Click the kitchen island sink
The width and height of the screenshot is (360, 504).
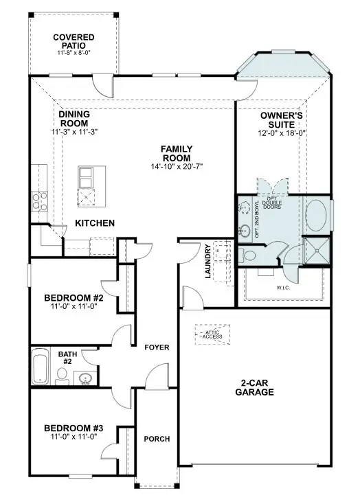pyautogui.click(x=87, y=177)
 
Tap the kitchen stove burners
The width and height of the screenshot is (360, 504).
pyautogui.click(x=38, y=201)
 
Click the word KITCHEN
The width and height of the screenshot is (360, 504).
pyautogui.click(x=94, y=223)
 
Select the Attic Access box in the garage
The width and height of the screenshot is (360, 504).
pyautogui.click(x=212, y=334)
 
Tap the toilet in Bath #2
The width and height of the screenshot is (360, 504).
pyautogui.click(x=62, y=375)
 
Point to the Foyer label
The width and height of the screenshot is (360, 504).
pyautogui.click(x=157, y=347)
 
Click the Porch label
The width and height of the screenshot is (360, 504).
pyautogui.click(x=157, y=439)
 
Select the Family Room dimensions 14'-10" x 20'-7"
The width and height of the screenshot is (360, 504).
pyautogui.click(x=177, y=166)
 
